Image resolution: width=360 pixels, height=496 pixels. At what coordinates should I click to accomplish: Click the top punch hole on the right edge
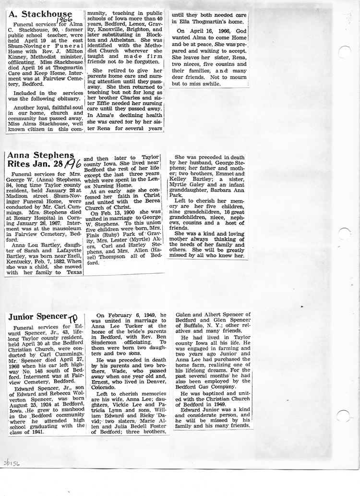pos(345,52)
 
